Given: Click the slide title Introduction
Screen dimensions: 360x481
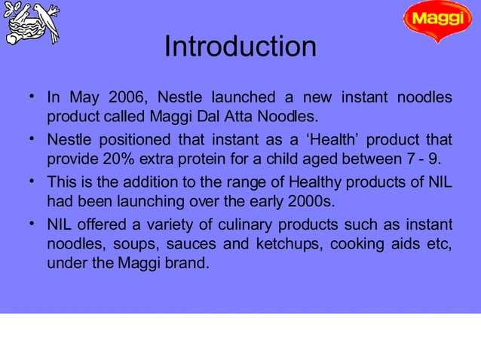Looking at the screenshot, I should click(240, 47).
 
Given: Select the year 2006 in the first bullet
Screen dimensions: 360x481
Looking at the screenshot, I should click(127, 98).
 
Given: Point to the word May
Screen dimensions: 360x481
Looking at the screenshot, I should click(83, 98).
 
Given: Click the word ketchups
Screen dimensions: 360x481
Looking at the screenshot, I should click(283, 244).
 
